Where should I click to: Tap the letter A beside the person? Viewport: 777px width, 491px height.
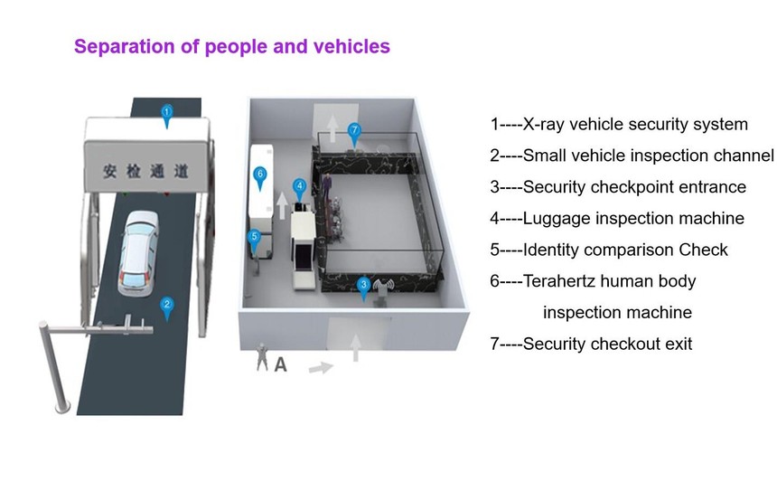pos(280,365)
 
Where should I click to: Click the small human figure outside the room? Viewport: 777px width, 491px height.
pos(262,358)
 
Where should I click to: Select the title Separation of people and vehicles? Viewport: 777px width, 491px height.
pos(232,46)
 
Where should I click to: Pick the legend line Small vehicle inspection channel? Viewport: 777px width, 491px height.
pos(632,156)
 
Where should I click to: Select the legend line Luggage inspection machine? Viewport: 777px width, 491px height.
pos(617,218)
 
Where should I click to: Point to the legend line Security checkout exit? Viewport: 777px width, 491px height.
pos(591,344)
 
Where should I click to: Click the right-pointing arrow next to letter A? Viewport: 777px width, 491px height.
pos(321,368)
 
